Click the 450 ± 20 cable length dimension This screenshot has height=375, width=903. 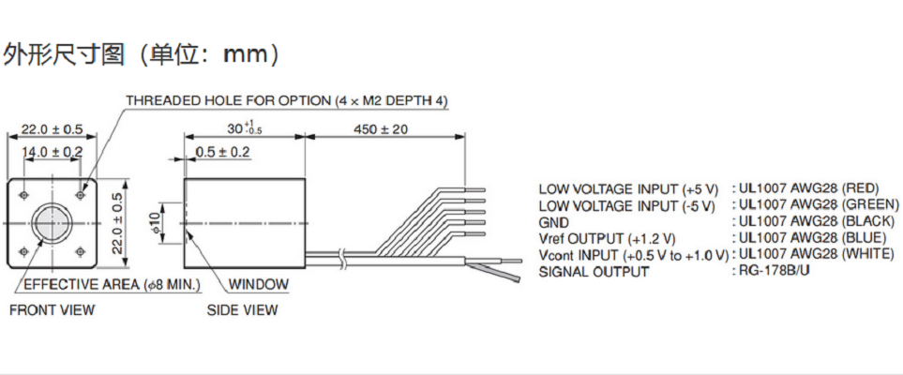point(381,130)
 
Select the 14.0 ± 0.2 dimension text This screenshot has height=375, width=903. point(52,152)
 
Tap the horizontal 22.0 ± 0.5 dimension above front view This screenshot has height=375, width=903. point(53,128)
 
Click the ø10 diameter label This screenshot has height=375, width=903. point(156,221)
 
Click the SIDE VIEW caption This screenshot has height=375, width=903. point(242,309)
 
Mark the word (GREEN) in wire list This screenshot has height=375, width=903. point(870,203)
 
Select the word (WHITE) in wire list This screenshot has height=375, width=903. point(869,254)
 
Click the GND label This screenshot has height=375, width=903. point(553,221)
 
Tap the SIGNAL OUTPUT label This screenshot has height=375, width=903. point(594,272)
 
